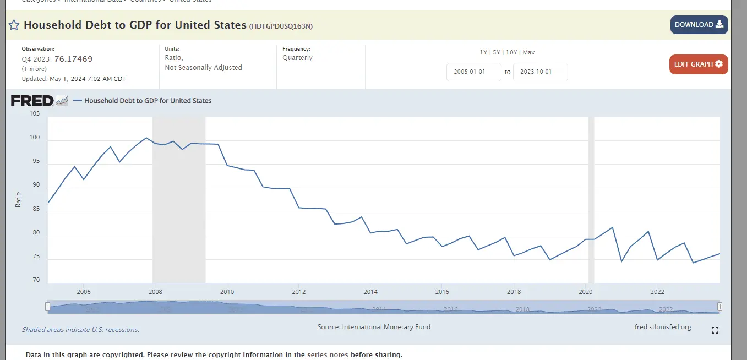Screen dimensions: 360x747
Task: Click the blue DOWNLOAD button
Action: [x=699, y=25]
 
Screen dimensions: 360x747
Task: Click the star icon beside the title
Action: [x=14, y=25]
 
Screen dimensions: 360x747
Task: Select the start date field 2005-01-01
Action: [x=473, y=72]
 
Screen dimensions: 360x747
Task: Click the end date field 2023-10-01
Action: [x=540, y=72]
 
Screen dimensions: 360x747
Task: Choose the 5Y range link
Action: [x=496, y=52]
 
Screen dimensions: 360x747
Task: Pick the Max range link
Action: [x=528, y=52]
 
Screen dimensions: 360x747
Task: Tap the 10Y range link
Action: [x=511, y=52]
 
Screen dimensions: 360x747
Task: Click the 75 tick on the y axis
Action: [x=36, y=257]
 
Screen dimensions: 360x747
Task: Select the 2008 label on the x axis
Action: [x=155, y=292]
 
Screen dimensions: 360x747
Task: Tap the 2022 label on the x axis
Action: [x=657, y=292]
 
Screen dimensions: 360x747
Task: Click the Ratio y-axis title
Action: [x=18, y=199]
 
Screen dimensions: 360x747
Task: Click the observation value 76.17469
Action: [x=73, y=59]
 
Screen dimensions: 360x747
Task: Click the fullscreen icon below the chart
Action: [x=715, y=330]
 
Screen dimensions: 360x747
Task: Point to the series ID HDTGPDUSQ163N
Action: [x=281, y=26]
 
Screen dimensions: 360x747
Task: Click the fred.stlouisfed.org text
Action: [x=663, y=327]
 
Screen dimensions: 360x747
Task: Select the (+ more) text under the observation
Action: [x=34, y=69]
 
